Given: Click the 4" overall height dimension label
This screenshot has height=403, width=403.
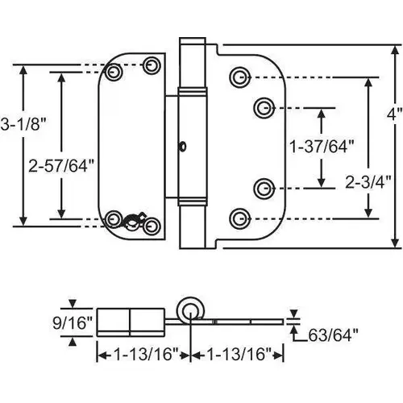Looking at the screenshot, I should [393, 115].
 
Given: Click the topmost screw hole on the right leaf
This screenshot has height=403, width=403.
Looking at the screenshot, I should [238, 77].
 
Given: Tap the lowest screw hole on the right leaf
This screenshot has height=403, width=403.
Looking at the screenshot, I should [238, 217].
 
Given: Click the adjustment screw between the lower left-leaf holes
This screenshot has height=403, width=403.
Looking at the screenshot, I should [131, 219].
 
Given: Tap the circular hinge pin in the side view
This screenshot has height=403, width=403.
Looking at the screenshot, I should [191, 311].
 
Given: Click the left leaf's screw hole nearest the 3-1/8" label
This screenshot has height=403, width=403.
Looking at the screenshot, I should [114, 73].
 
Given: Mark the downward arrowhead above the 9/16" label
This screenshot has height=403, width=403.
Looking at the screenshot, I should [73, 304].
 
